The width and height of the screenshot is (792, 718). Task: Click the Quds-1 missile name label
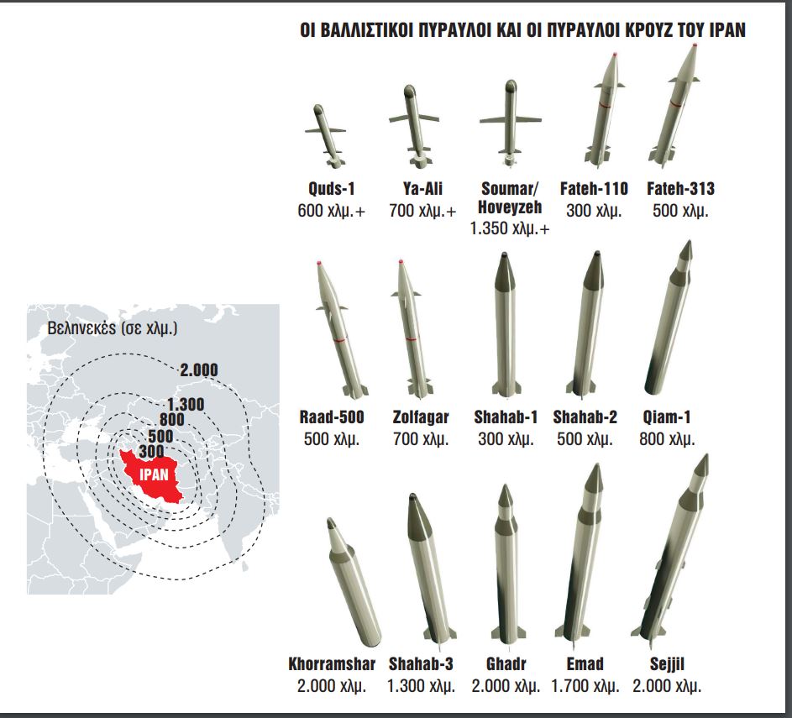[x=332, y=189]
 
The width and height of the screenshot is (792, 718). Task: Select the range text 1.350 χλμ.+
[x=510, y=228]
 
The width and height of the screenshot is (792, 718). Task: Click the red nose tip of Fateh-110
[x=614, y=54]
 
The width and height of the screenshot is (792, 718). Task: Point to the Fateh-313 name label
[x=680, y=189]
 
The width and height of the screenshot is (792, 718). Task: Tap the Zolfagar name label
[x=421, y=417]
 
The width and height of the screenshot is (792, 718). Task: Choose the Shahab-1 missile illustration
[x=506, y=323]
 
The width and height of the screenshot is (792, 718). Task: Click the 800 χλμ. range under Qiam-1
[x=667, y=439]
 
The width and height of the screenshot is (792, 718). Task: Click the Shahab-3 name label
[x=421, y=664]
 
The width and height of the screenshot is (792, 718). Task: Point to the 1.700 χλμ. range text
[x=585, y=686]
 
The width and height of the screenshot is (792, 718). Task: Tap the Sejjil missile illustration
[x=672, y=550]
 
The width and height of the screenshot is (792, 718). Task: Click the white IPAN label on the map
[x=154, y=474]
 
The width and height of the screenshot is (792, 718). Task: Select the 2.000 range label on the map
[x=199, y=370]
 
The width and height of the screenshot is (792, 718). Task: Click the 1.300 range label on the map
[x=186, y=405]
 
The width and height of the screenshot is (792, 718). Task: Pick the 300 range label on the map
[x=151, y=451]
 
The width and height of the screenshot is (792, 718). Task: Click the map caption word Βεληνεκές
[x=81, y=328]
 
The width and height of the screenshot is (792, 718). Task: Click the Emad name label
[x=585, y=664]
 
